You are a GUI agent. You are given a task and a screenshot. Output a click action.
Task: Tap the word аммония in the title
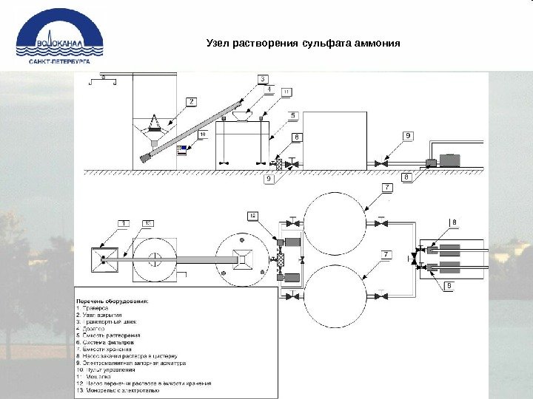pos(377,42)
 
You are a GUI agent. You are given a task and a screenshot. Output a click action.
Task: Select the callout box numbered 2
pos(190,100)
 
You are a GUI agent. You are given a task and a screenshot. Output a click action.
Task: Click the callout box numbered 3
pos(263,79)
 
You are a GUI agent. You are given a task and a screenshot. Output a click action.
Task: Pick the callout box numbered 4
pos(269,89)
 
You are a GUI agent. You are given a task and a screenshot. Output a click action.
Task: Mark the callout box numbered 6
pos(296,137)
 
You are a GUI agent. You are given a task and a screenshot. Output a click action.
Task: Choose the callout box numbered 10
pos(203,134)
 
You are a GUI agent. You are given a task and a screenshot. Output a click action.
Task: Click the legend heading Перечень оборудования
pos(114,301)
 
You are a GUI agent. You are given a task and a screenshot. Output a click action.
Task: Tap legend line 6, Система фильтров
pos(110,343)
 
